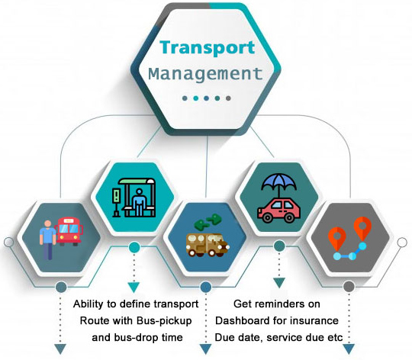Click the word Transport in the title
[x=208, y=47]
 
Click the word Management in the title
[x=206, y=73]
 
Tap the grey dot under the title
[x=228, y=98]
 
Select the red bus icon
[x=69, y=231]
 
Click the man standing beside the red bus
[x=47, y=239]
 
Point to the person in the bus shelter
[x=139, y=202]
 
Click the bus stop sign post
[x=116, y=202]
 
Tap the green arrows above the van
[x=208, y=221]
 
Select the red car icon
[x=279, y=211]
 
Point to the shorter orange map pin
[x=337, y=239]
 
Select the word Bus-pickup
[x=164, y=321]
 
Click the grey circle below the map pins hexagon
[x=349, y=287]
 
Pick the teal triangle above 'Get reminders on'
[x=279, y=283]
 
